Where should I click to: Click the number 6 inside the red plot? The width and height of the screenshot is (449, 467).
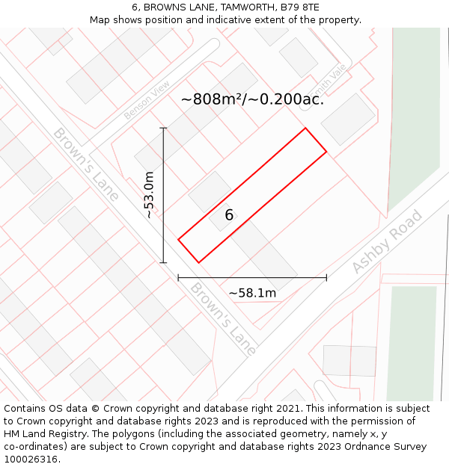(x=229, y=215)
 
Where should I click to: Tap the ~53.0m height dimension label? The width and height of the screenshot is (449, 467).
(x=149, y=195)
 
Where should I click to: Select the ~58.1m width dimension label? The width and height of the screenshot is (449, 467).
(x=252, y=293)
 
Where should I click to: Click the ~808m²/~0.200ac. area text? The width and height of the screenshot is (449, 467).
(x=252, y=99)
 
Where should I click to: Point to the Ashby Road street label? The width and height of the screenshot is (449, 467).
(x=387, y=241)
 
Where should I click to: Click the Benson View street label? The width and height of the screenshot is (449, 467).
(x=147, y=99)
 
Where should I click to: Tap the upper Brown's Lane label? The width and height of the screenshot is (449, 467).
(x=85, y=164)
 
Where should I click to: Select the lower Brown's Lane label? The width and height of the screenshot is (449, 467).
(x=223, y=318)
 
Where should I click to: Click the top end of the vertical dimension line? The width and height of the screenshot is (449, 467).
(x=163, y=128)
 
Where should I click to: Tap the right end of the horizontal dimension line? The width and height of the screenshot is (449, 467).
(x=326, y=278)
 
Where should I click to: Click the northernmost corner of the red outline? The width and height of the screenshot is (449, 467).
(x=305, y=128)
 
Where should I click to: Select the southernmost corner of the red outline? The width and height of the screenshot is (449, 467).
(x=198, y=262)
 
